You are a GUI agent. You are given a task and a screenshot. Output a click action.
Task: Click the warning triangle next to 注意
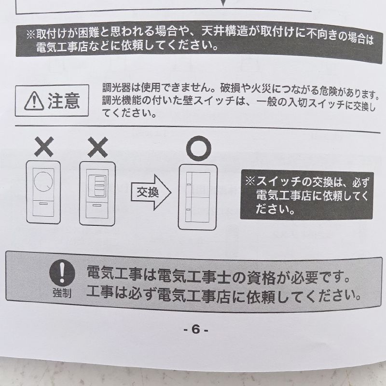pyautogui.click(x=34, y=101)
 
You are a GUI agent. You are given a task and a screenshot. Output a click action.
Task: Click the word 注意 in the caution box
pyautogui.click(x=64, y=101)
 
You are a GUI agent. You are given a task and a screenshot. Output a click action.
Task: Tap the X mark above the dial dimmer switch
pyautogui.click(x=44, y=147)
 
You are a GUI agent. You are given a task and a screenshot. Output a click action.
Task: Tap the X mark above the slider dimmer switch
pyautogui.click(x=98, y=147)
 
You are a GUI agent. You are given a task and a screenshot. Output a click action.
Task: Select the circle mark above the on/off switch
pyautogui.click(x=199, y=149)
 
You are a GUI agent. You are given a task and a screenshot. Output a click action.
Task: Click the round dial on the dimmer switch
pyautogui.click(x=43, y=181)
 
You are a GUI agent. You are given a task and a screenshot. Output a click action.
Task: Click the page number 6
pyautogui.click(x=196, y=329)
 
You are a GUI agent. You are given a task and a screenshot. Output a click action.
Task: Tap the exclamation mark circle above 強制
pyautogui.click(x=62, y=273)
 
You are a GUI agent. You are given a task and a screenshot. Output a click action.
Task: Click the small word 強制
pyautogui.click(x=62, y=293)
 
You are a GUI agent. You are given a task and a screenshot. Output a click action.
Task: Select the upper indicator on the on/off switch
pyautogui.click(x=189, y=184)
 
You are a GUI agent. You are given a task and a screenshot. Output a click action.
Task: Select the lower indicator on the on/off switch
pyautogui.click(x=188, y=209)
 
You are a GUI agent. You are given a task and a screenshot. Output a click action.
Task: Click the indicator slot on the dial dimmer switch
pyautogui.click(x=43, y=204)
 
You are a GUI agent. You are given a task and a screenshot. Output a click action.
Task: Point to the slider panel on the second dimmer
pyautogui.click(x=98, y=185)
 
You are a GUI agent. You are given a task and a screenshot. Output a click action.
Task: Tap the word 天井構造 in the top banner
pyautogui.click(x=224, y=32)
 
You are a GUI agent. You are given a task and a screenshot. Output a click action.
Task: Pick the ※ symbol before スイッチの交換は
pyautogui.click(x=250, y=181)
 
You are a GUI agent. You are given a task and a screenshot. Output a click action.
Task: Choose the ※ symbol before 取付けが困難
pyautogui.click(x=31, y=34)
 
